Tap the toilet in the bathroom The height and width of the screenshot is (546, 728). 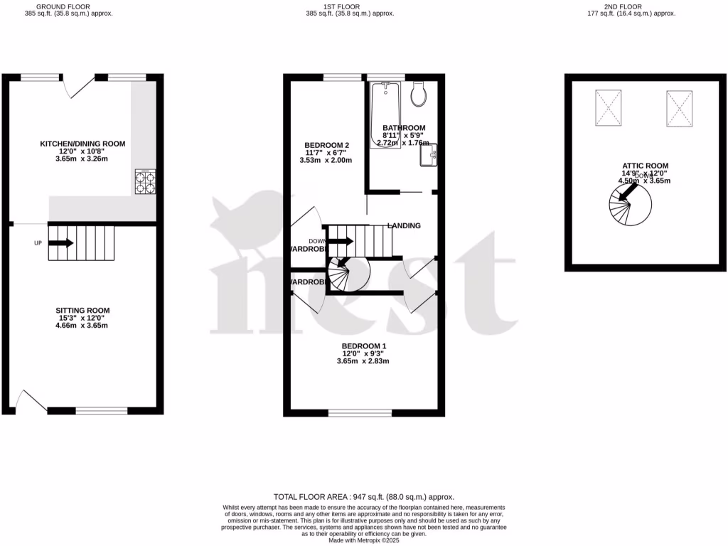418,93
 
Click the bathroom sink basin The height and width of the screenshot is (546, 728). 428,156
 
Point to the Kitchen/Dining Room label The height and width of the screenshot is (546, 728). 82,144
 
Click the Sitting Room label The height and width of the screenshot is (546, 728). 82,311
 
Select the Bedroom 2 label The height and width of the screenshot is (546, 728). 326,146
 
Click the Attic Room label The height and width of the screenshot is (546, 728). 644,166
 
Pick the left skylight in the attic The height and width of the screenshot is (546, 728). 606,107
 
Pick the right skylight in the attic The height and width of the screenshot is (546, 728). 680,107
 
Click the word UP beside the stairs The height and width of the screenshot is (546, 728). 38,243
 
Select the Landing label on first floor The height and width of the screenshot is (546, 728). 404,226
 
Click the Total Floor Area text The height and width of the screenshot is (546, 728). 363,497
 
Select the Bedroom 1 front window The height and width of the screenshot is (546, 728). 359,412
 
